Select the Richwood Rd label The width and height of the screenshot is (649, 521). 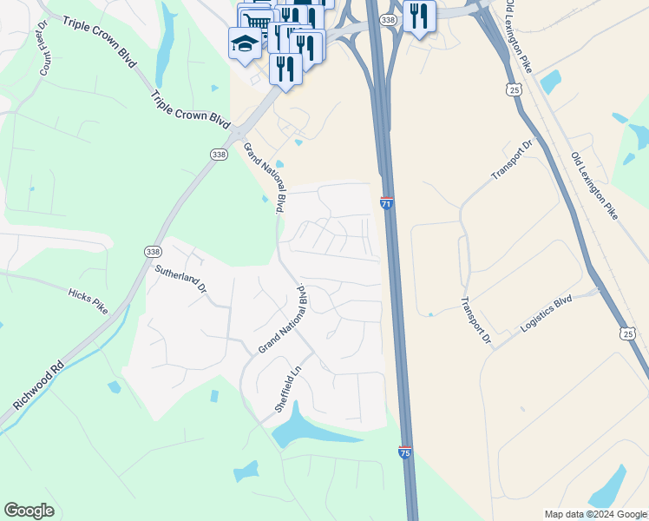38,386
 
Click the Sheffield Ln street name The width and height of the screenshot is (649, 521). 287,392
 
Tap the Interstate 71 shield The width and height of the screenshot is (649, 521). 386,203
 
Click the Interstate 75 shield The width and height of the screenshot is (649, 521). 405,452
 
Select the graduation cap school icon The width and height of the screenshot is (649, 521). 245,43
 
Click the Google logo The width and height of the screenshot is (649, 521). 29,511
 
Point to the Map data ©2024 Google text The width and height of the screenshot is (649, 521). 594,514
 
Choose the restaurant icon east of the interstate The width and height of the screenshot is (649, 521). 420,16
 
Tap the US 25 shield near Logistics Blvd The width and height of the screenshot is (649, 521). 628,333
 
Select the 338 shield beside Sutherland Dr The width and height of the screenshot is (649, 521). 153,251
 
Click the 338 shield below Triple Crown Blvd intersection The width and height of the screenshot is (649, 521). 219,154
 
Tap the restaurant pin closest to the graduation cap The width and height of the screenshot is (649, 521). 285,66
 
